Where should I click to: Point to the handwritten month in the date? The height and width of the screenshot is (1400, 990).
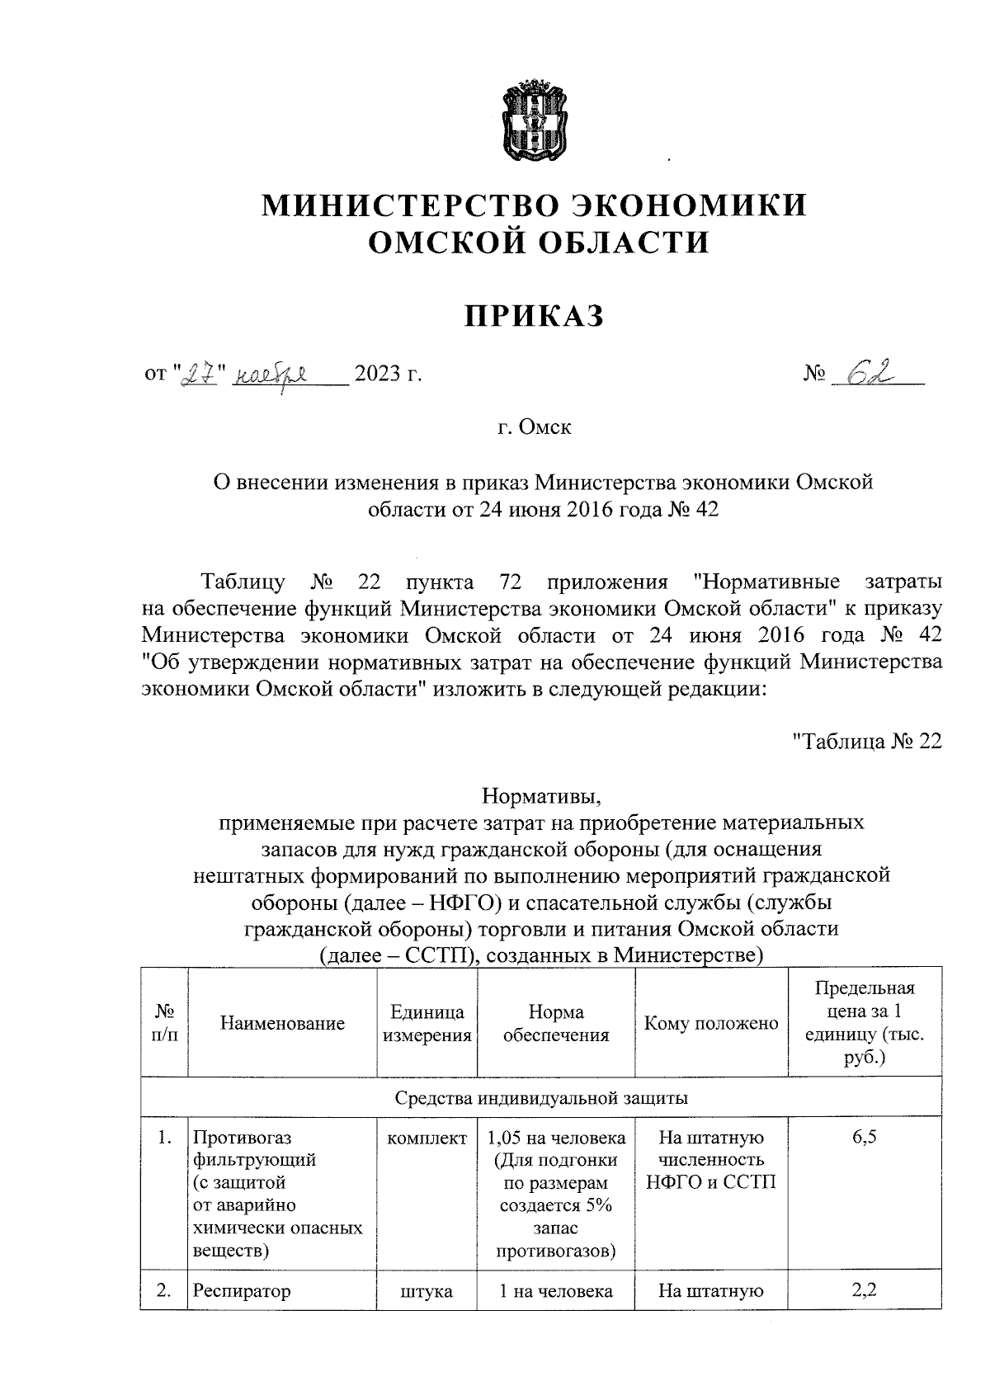click(x=271, y=376)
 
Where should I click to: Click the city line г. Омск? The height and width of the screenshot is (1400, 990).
click(x=533, y=427)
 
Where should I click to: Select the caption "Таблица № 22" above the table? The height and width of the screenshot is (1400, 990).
click(x=865, y=741)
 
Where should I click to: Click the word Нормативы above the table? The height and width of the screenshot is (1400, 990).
click(x=542, y=797)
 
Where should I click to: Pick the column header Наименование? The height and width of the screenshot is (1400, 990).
click(x=282, y=1024)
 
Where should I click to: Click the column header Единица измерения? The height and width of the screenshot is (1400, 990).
click(x=427, y=1024)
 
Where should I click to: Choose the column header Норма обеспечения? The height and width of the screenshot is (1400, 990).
click(x=556, y=1024)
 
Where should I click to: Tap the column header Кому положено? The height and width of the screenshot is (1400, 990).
click(x=711, y=1024)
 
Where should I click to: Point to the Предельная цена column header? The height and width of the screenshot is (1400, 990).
click(x=864, y=1023)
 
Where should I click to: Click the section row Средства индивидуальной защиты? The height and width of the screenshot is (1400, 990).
click(x=541, y=1098)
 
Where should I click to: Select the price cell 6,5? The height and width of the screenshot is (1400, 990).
click(x=864, y=1138)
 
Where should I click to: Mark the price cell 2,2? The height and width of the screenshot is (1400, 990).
click(x=864, y=1290)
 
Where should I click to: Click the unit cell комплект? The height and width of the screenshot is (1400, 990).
click(x=427, y=1138)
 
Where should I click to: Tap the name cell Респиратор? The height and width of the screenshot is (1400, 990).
click(x=242, y=1291)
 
